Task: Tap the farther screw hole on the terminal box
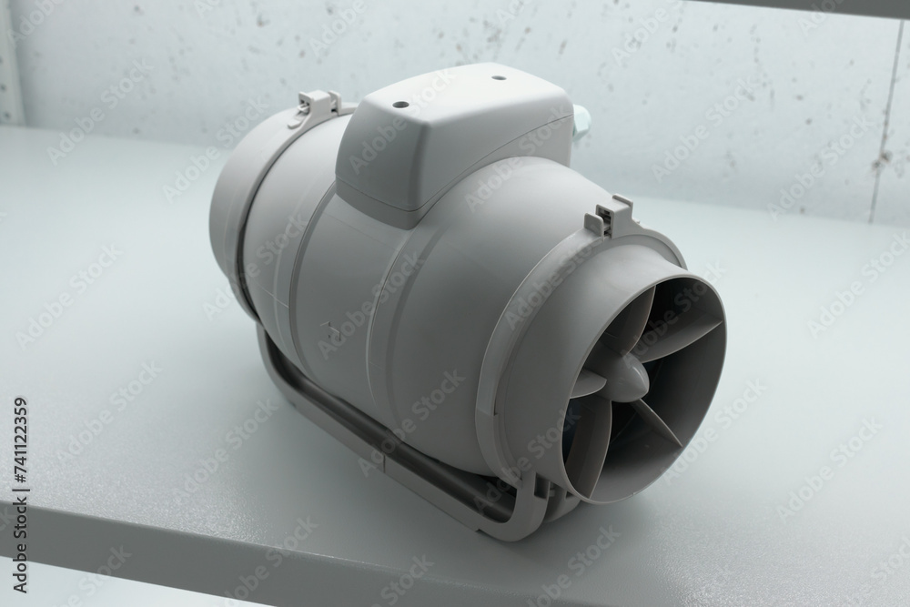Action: click(497, 77)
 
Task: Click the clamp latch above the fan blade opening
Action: click(610, 214)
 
